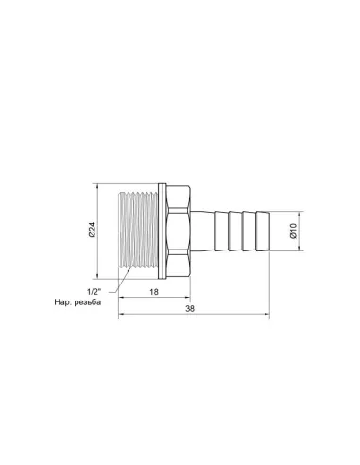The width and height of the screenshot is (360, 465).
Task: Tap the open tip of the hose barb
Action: pyautogui.click(x=274, y=230)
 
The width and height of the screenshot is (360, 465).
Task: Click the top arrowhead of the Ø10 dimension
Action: pyautogui.click(x=300, y=215)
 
